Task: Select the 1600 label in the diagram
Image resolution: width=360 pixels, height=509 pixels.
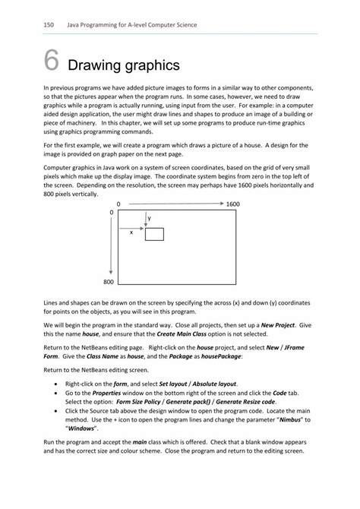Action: click(232, 204)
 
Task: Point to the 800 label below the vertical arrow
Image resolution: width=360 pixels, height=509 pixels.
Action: click(108, 282)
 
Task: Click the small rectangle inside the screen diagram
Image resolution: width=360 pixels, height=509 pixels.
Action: click(154, 233)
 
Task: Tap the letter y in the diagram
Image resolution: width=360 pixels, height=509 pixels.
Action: click(149, 218)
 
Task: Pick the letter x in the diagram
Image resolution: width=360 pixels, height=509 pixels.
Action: click(131, 232)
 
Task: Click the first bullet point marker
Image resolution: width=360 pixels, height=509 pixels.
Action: click(58, 384)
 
